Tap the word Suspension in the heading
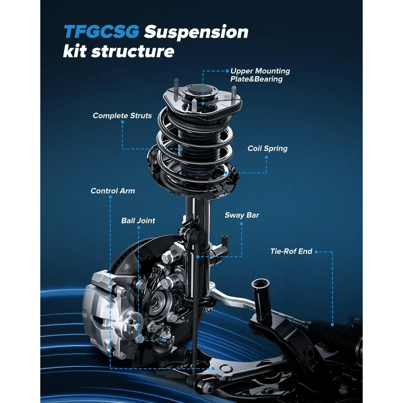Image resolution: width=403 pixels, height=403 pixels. [x=196, y=32]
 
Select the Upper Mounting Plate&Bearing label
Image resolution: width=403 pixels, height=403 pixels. [x=260, y=75]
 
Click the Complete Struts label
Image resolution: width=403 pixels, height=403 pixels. [x=122, y=116]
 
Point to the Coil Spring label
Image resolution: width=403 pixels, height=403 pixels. [x=267, y=149]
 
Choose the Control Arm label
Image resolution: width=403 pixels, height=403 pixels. [x=113, y=191]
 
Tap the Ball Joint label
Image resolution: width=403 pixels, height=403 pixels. [x=138, y=221]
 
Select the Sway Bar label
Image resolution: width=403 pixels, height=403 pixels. [x=242, y=216]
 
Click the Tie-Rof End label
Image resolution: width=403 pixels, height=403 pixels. [x=291, y=251]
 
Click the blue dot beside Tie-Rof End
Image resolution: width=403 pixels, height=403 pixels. [x=317, y=251]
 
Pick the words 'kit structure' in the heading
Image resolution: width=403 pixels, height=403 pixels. [x=119, y=51]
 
